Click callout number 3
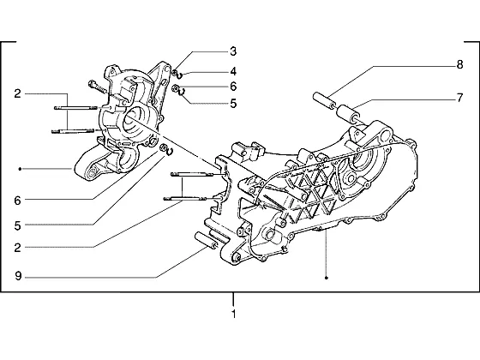(x=233, y=51)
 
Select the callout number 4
(x=233, y=72)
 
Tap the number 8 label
(x=459, y=65)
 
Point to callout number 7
(x=459, y=98)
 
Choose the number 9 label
(x=18, y=276)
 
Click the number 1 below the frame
(x=233, y=314)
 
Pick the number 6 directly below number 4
(x=233, y=87)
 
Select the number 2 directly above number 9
(x=17, y=248)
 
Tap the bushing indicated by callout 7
(x=348, y=113)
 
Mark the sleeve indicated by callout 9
(x=207, y=240)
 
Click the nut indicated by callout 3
(x=175, y=73)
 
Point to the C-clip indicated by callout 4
(x=180, y=75)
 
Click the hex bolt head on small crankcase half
(x=91, y=83)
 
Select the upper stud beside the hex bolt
(x=76, y=107)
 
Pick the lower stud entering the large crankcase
(x=184, y=198)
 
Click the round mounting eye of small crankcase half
(x=91, y=172)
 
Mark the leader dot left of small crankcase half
(x=20, y=169)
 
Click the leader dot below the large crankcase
(x=327, y=278)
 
